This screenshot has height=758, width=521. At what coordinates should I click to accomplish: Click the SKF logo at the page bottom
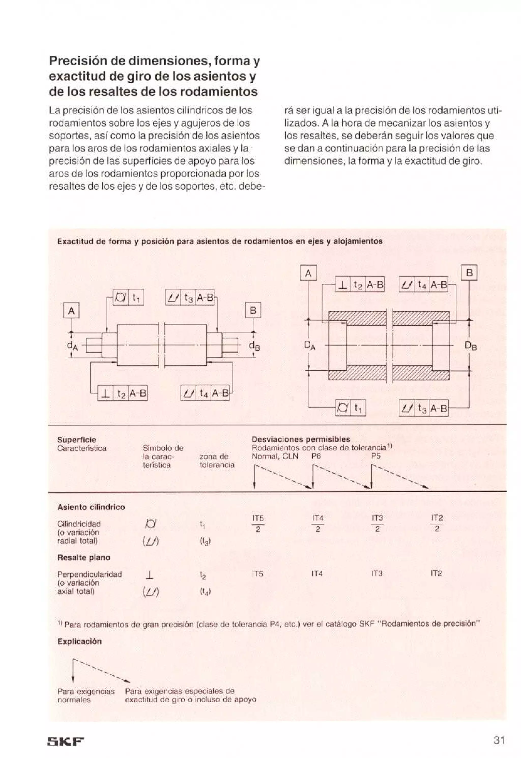click(x=66, y=732)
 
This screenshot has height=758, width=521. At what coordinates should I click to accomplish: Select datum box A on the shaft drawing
click(x=71, y=311)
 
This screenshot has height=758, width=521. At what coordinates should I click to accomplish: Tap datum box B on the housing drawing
click(x=469, y=273)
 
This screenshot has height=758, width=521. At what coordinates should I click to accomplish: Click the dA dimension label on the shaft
click(x=72, y=346)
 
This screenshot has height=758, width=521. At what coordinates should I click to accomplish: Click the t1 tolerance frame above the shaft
click(x=128, y=297)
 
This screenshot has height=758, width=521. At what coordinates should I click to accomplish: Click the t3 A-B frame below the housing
click(x=424, y=408)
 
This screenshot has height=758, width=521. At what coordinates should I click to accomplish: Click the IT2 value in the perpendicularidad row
click(x=437, y=573)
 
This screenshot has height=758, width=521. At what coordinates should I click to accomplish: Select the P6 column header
click(x=316, y=456)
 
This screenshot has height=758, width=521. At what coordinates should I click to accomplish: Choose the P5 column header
click(x=376, y=456)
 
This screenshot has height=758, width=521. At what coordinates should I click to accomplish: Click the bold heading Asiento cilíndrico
click(x=91, y=507)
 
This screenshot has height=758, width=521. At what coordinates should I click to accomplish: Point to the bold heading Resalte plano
click(x=84, y=557)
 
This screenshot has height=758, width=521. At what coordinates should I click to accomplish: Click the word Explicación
click(x=79, y=641)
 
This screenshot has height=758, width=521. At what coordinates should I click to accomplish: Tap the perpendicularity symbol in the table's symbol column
click(x=150, y=575)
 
